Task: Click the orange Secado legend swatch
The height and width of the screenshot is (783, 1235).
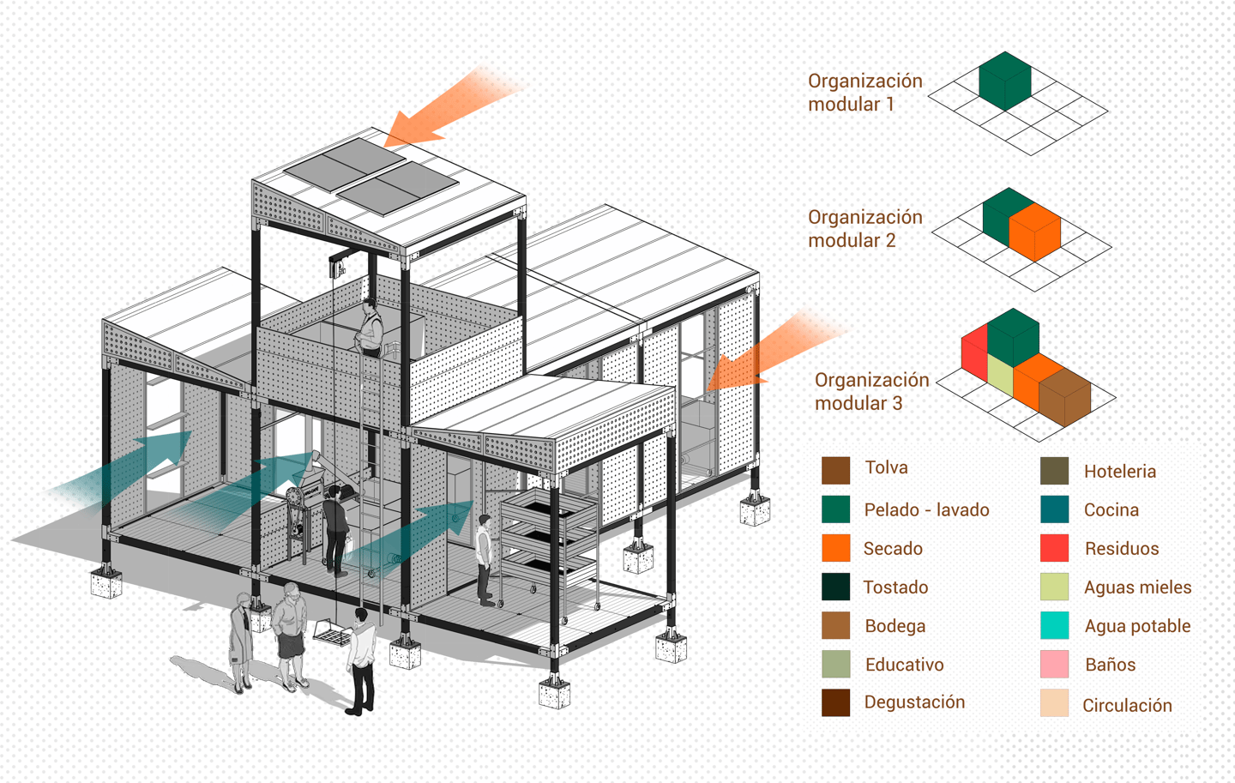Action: coord(835,547)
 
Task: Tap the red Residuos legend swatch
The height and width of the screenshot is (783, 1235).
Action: coord(1054,547)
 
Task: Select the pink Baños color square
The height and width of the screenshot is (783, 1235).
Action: coord(1054,664)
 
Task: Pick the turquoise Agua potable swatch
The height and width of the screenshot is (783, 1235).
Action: coord(1054,625)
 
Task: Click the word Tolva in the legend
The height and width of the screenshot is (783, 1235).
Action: coord(886,467)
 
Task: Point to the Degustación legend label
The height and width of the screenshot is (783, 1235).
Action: coord(914,702)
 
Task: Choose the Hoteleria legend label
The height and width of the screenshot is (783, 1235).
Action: coord(1120,472)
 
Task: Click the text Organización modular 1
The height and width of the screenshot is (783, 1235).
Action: coord(865,93)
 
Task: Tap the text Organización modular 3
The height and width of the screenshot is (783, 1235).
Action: coord(871,391)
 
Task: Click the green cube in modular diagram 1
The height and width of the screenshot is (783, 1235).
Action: coord(1005,81)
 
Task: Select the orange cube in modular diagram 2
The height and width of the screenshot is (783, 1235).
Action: coord(1035,232)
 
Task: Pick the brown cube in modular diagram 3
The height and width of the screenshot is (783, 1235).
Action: coord(1064,397)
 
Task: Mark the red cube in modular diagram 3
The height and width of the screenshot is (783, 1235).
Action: coord(974,352)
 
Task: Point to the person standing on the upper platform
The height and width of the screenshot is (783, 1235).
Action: coord(370,328)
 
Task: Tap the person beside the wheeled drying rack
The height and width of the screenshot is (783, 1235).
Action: coord(485,560)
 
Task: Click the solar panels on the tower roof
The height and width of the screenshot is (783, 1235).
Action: coord(371,176)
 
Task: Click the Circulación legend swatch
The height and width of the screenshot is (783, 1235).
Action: coord(1054,702)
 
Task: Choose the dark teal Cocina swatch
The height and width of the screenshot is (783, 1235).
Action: coord(1054,509)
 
